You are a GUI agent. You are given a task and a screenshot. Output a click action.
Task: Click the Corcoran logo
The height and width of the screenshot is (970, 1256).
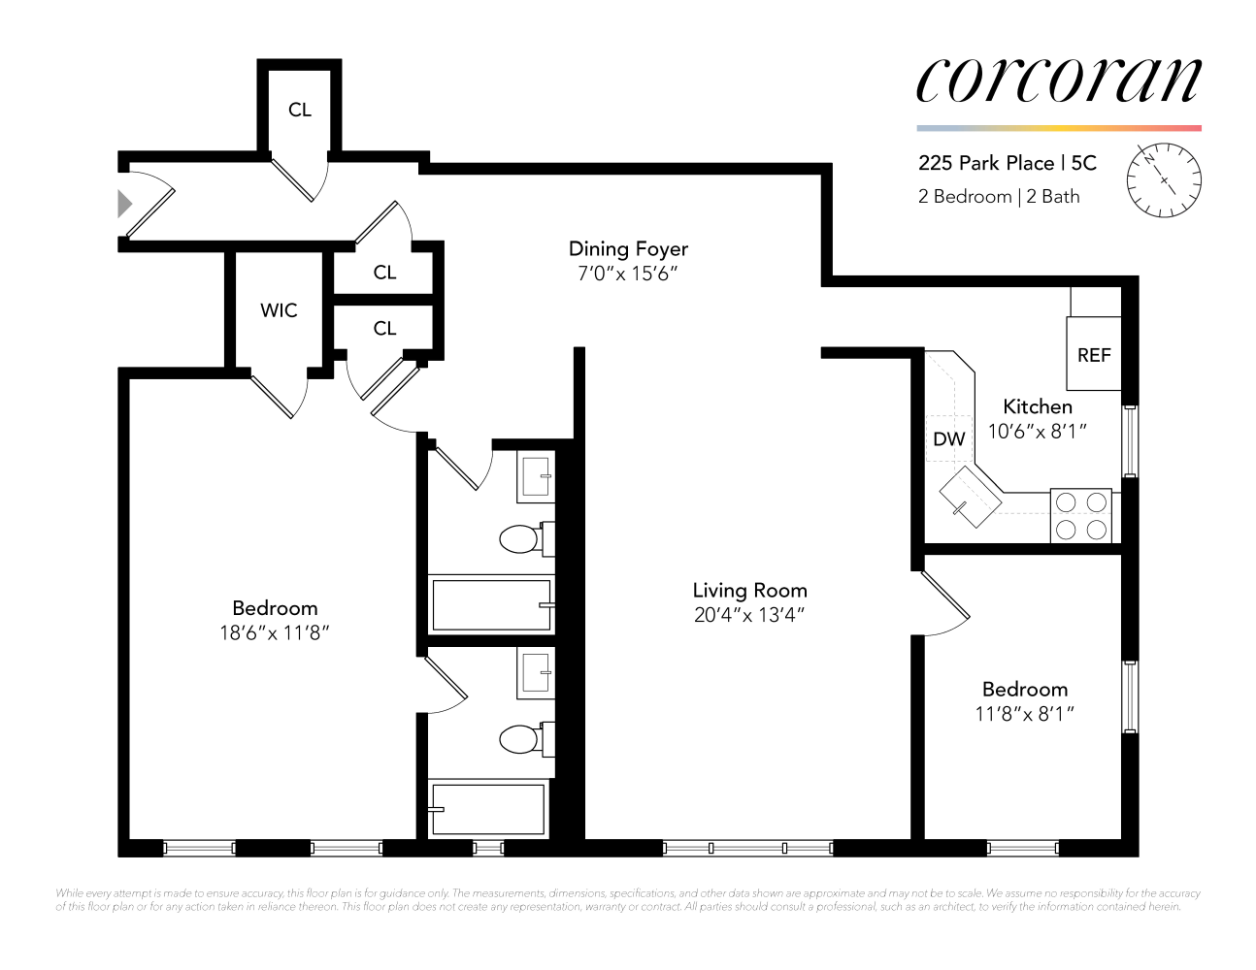pyautogui.click(x=1058, y=80)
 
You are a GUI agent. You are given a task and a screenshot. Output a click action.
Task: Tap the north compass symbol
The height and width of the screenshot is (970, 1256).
pyautogui.click(x=1164, y=180)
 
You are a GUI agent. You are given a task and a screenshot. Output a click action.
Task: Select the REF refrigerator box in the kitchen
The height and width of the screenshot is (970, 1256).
pyautogui.click(x=1094, y=355)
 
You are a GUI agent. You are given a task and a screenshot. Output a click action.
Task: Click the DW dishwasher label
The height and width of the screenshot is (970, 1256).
pyautogui.click(x=948, y=439)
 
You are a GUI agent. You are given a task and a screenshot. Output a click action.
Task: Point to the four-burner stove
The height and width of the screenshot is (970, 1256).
pyautogui.click(x=1081, y=515)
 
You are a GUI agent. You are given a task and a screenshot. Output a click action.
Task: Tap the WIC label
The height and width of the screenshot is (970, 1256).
pyautogui.click(x=279, y=310)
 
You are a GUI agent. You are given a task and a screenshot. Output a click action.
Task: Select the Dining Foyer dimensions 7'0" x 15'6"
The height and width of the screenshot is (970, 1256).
pyautogui.click(x=627, y=275)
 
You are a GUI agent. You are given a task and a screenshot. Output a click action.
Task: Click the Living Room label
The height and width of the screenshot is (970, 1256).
pyautogui.click(x=749, y=590)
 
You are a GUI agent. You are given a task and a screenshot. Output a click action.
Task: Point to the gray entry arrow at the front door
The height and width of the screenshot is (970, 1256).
pyautogui.click(x=124, y=204)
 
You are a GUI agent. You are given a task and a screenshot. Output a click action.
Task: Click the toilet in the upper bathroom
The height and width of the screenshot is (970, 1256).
pyautogui.click(x=522, y=538)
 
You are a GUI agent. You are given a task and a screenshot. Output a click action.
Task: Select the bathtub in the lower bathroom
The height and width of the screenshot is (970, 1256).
pyautogui.click(x=488, y=808)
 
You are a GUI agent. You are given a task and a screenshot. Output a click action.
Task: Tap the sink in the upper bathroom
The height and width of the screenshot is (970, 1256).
pyautogui.click(x=537, y=476)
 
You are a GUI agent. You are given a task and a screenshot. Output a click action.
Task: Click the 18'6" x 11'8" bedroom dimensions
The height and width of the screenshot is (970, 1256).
pyautogui.click(x=275, y=633)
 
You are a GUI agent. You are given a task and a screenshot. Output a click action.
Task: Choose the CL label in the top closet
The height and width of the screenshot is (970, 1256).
pyautogui.click(x=300, y=110)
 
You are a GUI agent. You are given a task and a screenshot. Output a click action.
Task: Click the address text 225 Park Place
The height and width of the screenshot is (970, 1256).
pyautogui.click(x=986, y=163)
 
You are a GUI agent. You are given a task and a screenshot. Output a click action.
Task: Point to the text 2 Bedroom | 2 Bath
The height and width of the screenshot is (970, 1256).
pyautogui.click(x=999, y=197)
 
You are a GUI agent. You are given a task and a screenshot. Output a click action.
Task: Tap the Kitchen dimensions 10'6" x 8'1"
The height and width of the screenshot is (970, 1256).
pyautogui.click(x=1037, y=432)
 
